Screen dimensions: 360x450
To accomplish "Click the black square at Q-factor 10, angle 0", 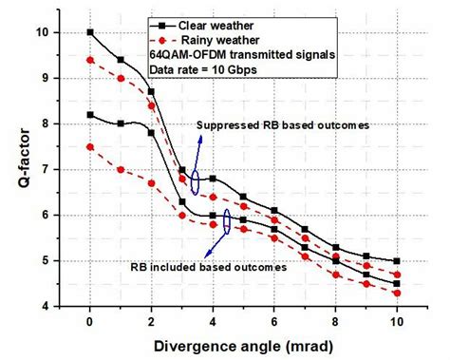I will [90, 32].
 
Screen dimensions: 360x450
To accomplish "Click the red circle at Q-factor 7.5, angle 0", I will [90, 146].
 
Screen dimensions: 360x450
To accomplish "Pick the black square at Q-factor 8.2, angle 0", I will [90, 114].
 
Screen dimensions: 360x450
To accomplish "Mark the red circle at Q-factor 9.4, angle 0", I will [90, 60].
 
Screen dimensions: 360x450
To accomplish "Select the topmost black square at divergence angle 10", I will [396, 260].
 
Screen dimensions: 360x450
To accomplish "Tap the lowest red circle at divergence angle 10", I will [396, 293].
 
